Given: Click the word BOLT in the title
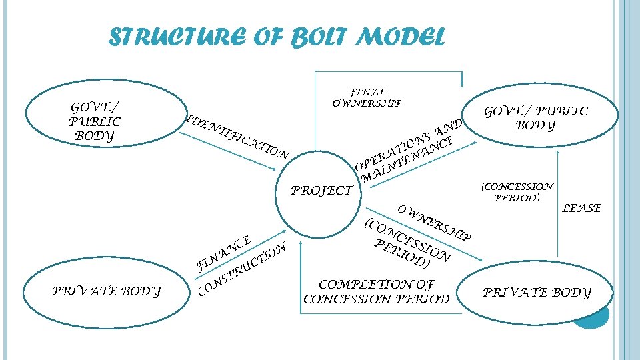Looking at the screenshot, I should [x=317, y=37].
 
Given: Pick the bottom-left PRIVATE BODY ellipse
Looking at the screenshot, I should [x=106, y=291].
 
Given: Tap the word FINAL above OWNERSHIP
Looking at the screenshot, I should [x=367, y=93].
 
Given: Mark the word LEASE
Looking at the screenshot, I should [x=581, y=209].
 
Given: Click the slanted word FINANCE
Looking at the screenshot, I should [x=223, y=253].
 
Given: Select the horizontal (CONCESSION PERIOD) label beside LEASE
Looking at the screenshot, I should [x=517, y=192].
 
